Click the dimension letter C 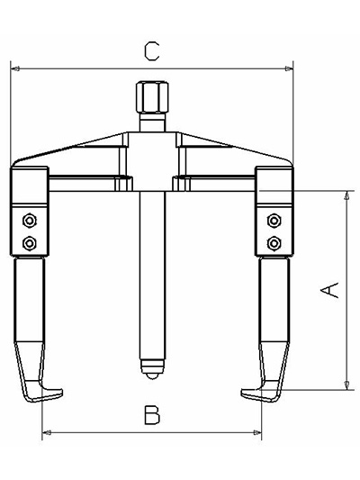click(152, 51)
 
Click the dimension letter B click(152, 415)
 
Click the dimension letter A click(329, 290)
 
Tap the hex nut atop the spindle click(152, 97)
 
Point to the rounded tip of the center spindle click(152, 369)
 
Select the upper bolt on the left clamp click(30, 220)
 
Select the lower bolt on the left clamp click(30, 243)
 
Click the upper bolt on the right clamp click(274, 220)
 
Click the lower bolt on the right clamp click(274, 243)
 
